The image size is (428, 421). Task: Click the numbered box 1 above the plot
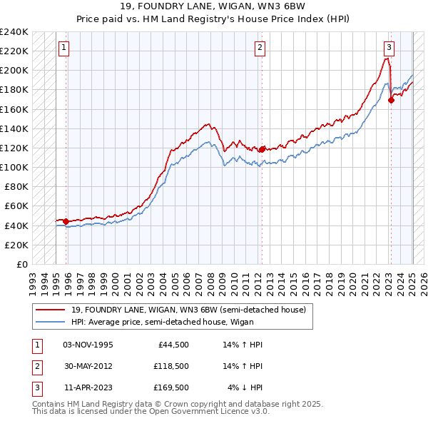point(63,48)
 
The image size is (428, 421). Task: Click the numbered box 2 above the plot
point(260,48)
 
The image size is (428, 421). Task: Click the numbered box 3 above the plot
point(389,48)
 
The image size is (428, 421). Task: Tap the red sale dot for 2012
point(262,149)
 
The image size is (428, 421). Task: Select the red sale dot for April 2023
point(391,100)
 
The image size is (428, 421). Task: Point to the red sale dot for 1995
point(66,221)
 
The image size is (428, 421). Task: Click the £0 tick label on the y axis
point(21,264)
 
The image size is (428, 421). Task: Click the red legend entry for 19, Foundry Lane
point(188,310)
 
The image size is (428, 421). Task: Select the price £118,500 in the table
point(170,366)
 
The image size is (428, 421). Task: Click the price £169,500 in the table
point(170,387)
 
